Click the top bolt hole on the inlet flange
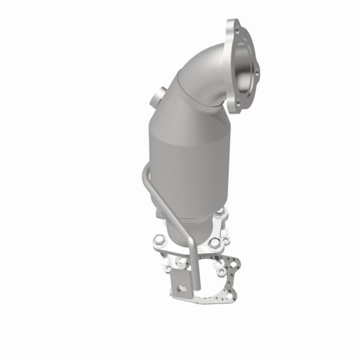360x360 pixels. point(235,27)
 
